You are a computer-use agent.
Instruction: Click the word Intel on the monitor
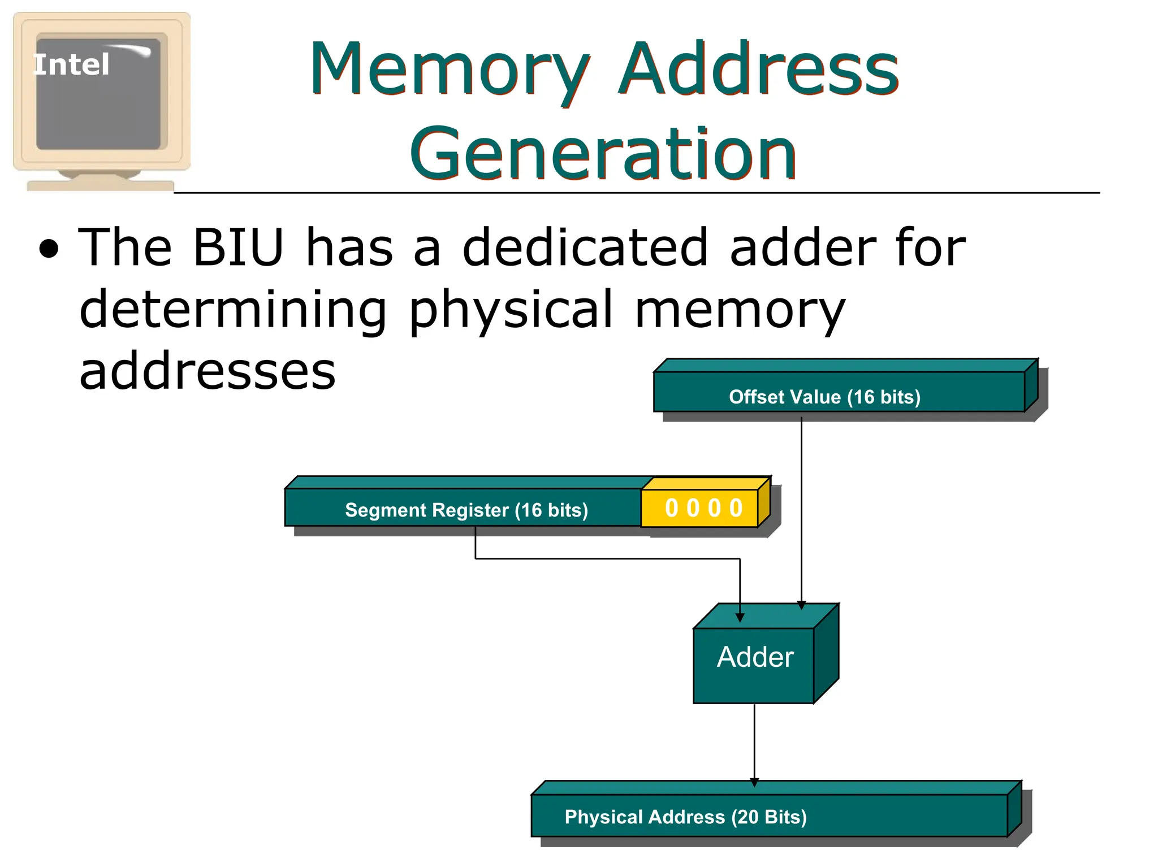click(x=71, y=64)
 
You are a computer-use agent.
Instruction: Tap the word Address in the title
click(x=758, y=69)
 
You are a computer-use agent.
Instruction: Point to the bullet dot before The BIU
click(x=49, y=249)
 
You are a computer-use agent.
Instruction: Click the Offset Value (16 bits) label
click(x=824, y=397)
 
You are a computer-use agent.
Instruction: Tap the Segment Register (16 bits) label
click(x=466, y=510)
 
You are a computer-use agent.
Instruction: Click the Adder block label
click(x=755, y=657)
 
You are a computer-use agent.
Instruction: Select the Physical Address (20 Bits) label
click(x=685, y=817)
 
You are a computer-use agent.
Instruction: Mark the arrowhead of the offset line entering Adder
click(x=801, y=605)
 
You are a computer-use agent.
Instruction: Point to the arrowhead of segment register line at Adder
click(x=740, y=618)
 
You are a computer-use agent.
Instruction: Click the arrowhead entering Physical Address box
click(x=754, y=782)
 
